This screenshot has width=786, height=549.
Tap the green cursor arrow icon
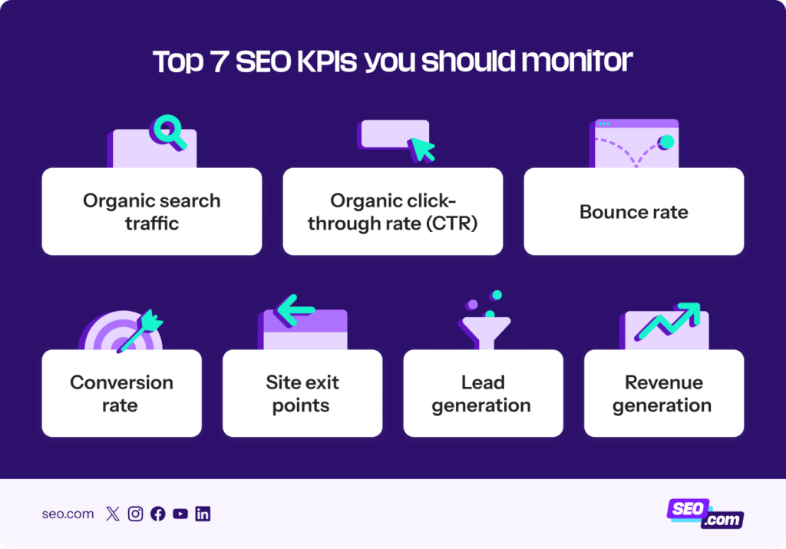tap(421, 149)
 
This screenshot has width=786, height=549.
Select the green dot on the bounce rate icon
tap(666, 142)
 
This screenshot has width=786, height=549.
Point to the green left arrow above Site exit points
tap(296, 310)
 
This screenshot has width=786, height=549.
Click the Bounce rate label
tap(633, 212)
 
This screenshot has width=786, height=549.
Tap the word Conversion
tap(121, 382)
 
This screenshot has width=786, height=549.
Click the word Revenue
tap(663, 382)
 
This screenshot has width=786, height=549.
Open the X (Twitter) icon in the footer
tap(113, 514)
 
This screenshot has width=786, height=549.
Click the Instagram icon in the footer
tap(135, 514)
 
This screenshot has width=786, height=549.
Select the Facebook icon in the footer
tap(157, 514)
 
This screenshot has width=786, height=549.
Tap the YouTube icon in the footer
tap(180, 514)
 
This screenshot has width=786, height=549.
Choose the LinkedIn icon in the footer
tap(203, 514)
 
